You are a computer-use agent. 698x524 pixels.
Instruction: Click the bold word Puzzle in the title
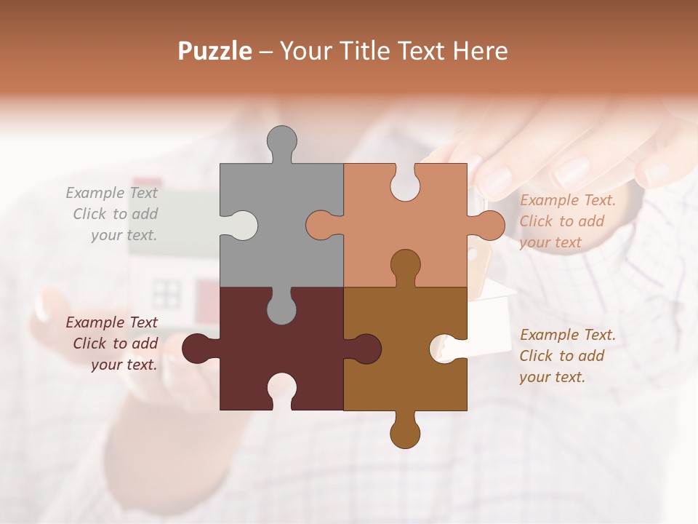[215, 51]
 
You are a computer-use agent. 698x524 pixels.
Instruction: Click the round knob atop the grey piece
[281, 142]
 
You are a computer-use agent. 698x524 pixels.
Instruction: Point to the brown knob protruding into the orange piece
[405, 266]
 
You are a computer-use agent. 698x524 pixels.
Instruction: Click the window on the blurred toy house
[167, 293]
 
